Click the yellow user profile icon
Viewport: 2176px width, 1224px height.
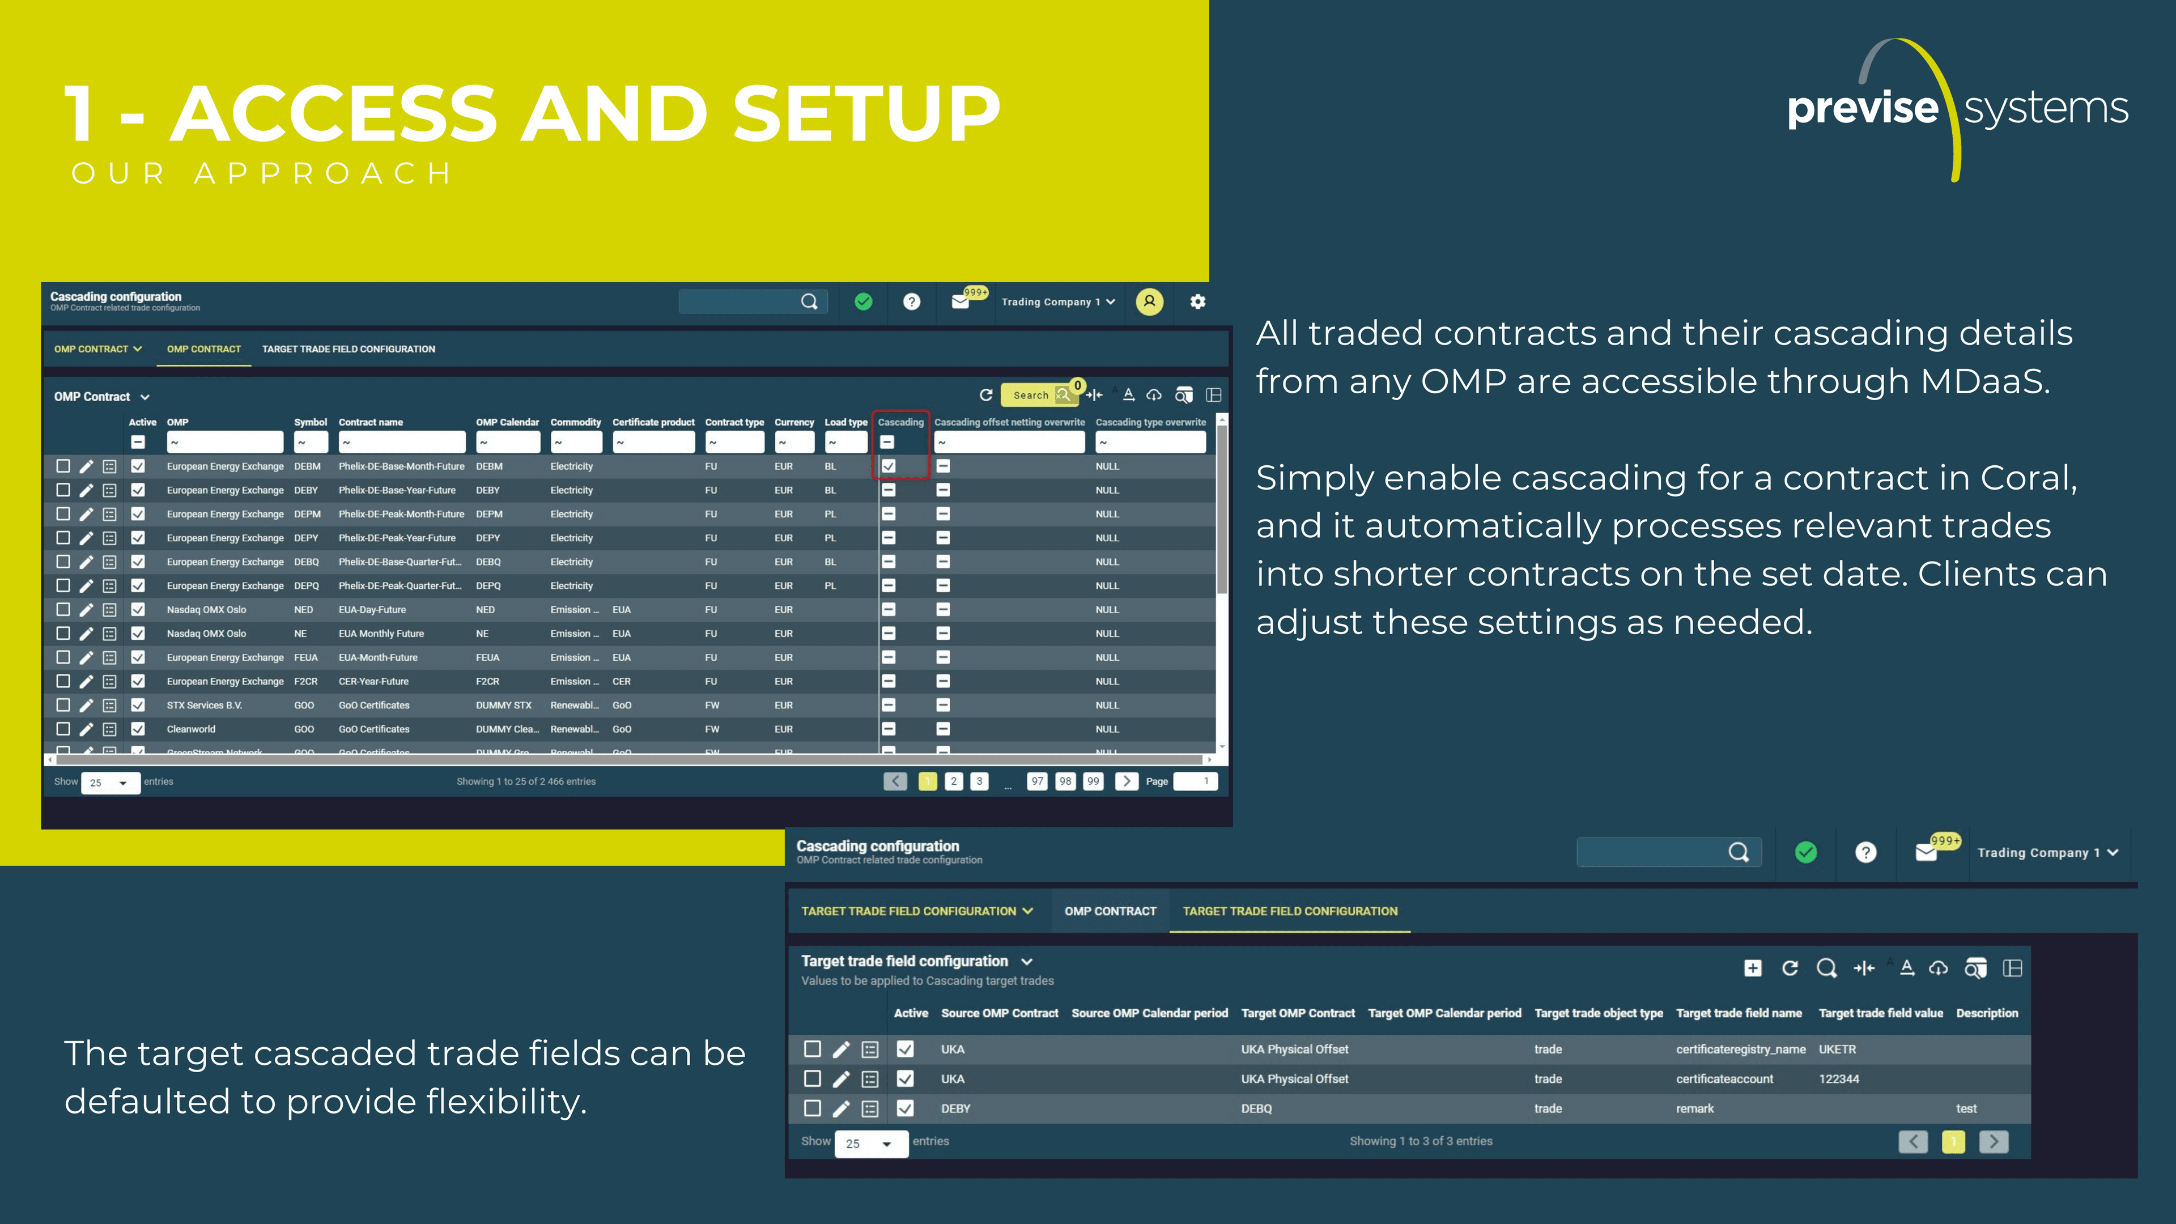[1149, 301]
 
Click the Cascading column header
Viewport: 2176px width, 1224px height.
[900, 422]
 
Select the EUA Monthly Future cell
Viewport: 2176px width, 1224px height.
[381, 634]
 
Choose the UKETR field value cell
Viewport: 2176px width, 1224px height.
[1837, 1049]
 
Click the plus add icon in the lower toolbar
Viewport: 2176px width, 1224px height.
[1753, 968]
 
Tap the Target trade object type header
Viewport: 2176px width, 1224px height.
[1598, 1013]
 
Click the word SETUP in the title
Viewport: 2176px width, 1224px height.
[866, 113]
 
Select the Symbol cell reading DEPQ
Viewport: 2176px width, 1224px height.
[307, 585]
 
